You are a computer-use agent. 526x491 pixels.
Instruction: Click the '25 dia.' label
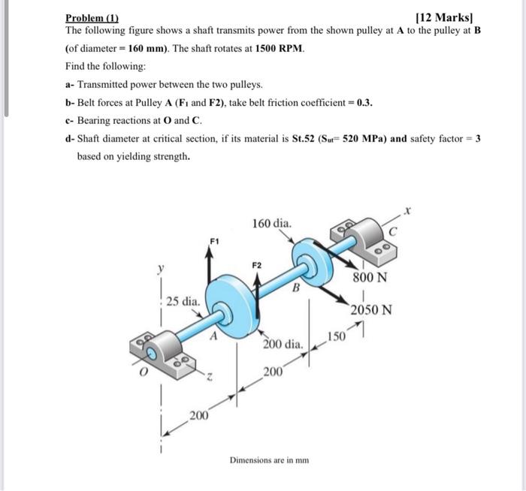pos(183,302)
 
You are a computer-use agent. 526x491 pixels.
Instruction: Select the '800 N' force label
pos(370,278)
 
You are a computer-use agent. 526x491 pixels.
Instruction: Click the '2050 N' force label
pos(372,310)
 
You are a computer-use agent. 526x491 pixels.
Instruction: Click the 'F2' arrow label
pos(257,265)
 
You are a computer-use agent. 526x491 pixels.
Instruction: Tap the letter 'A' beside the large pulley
pos(213,337)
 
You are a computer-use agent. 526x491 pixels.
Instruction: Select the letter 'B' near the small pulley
pos(296,286)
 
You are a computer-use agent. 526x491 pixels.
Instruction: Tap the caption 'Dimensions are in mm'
pos(268,458)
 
